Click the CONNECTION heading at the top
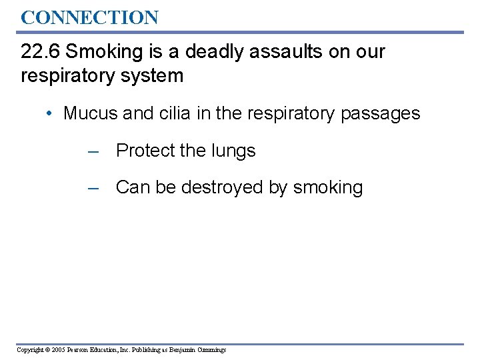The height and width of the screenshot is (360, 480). click(x=89, y=17)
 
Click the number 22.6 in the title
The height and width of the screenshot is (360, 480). click(x=41, y=51)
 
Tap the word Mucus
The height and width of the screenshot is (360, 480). click(x=91, y=113)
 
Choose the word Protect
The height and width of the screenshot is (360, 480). click(x=143, y=151)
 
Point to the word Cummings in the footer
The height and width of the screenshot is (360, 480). click(x=209, y=350)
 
